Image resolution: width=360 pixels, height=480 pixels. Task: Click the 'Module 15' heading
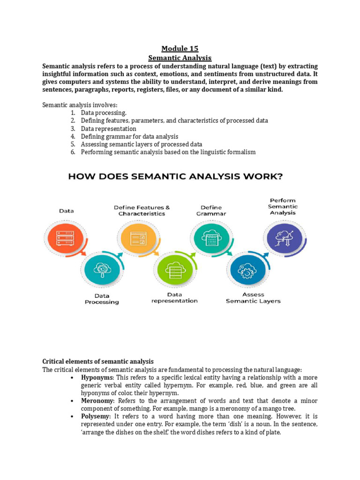coord(180,48)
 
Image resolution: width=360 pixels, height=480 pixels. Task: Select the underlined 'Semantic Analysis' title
coord(180,58)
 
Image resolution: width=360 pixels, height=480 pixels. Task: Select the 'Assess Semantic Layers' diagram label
coord(253,298)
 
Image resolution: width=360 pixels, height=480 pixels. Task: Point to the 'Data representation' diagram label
coord(174,298)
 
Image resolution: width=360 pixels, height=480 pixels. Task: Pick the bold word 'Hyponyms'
coord(97,377)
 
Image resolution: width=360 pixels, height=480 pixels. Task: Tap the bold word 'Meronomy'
coord(97,401)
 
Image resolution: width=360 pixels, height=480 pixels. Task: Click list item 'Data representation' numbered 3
coord(108,128)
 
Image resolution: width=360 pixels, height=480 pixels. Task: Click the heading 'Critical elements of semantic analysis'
coord(98,361)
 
